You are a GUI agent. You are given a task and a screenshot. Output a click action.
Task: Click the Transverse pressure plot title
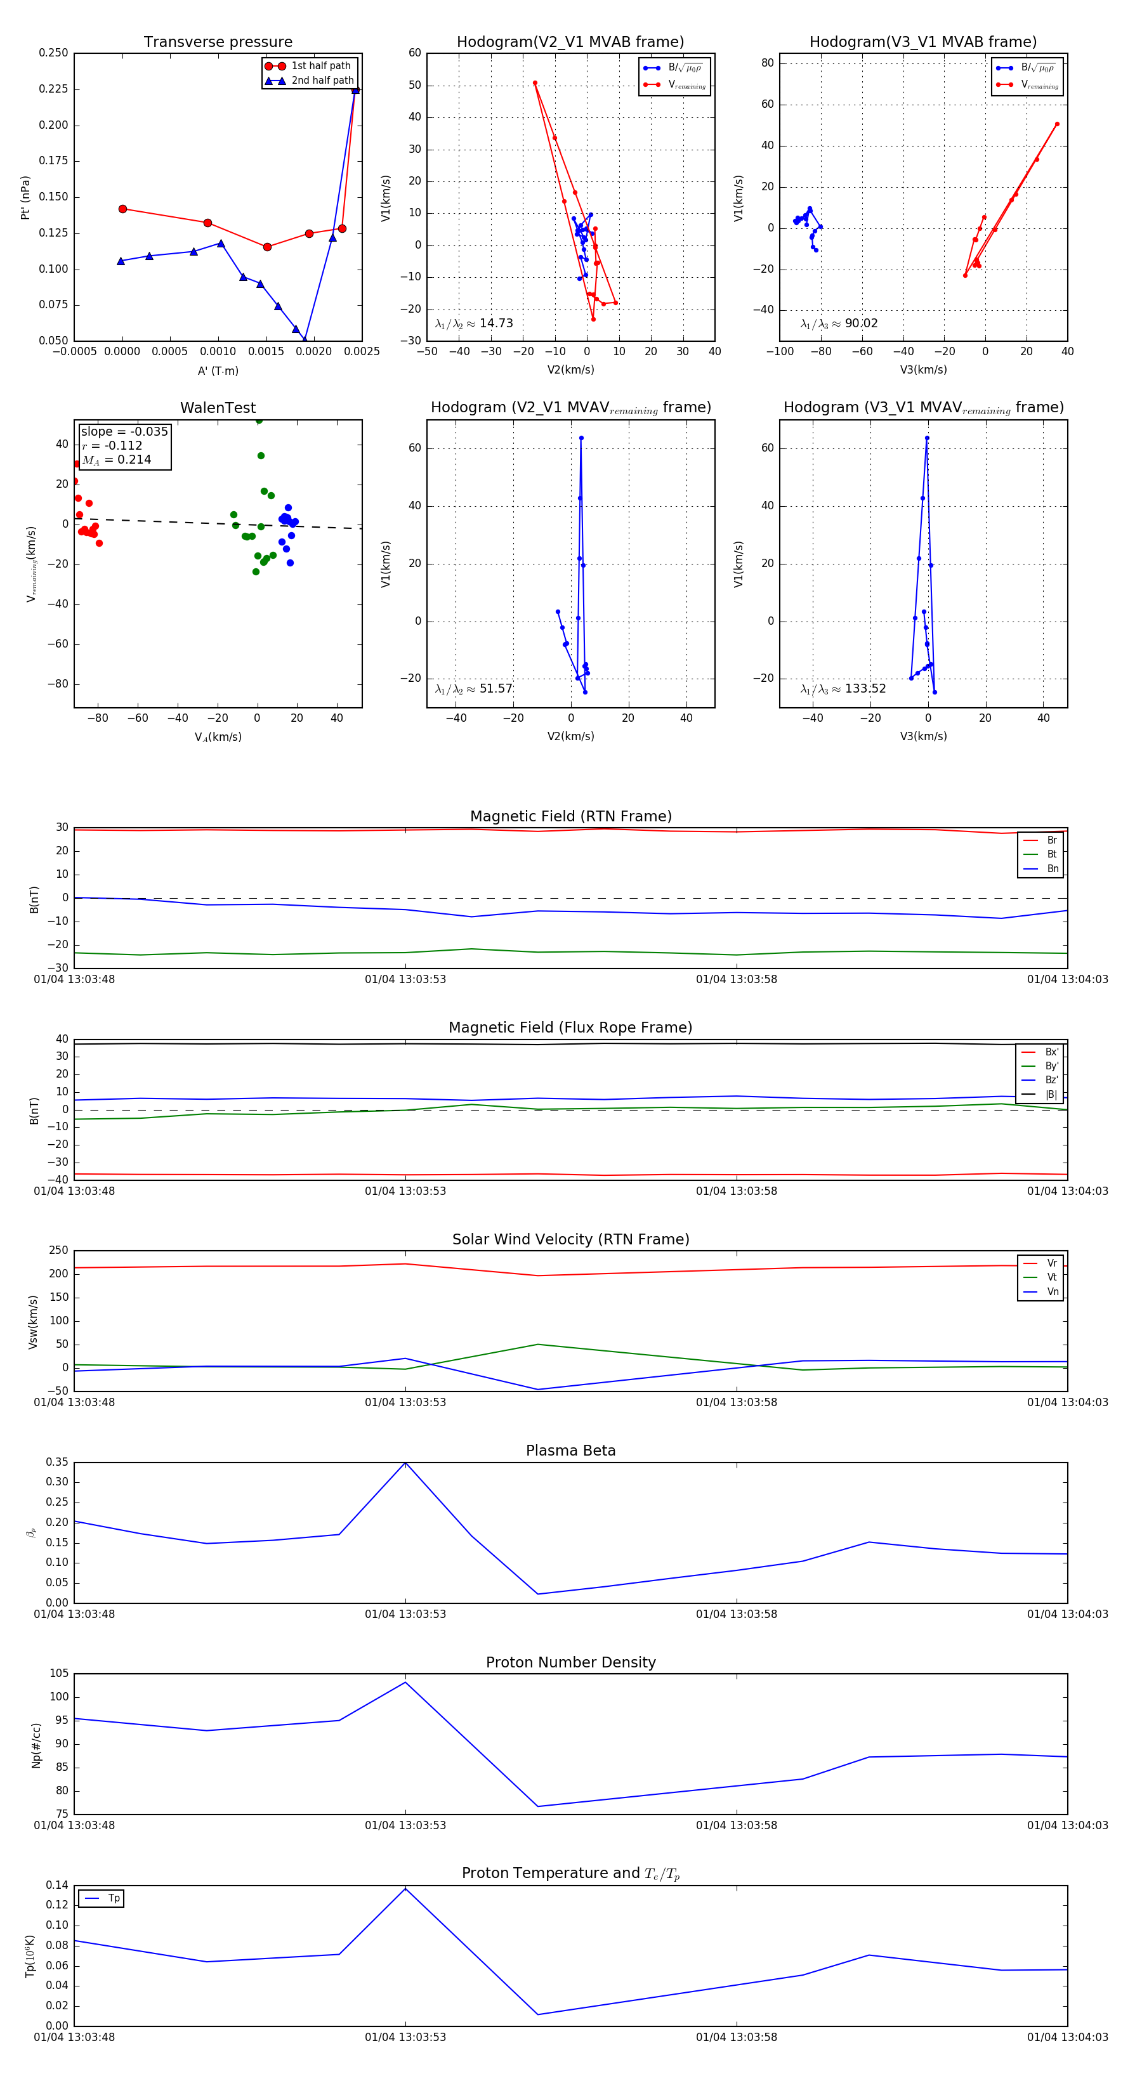[218, 42]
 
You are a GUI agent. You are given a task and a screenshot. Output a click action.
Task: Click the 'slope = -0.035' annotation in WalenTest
[124, 431]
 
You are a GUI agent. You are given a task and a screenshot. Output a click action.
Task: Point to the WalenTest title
[218, 408]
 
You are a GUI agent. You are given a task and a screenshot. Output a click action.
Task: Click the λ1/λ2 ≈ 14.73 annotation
[474, 323]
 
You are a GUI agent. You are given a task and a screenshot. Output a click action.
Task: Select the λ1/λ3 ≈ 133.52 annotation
[843, 689]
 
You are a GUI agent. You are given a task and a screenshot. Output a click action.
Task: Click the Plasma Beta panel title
[570, 1451]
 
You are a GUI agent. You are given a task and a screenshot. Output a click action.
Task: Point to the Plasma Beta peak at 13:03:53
[405, 1463]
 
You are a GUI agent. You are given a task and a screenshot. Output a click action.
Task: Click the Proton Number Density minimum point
[538, 1806]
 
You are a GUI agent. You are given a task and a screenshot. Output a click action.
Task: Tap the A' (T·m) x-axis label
[218, 370]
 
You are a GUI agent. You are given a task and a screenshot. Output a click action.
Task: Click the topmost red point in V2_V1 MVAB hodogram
[535, 83]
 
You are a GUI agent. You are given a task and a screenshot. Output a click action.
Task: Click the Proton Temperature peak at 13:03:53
[405, 1888]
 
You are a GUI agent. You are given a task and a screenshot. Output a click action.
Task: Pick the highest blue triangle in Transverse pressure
[355, 90]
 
